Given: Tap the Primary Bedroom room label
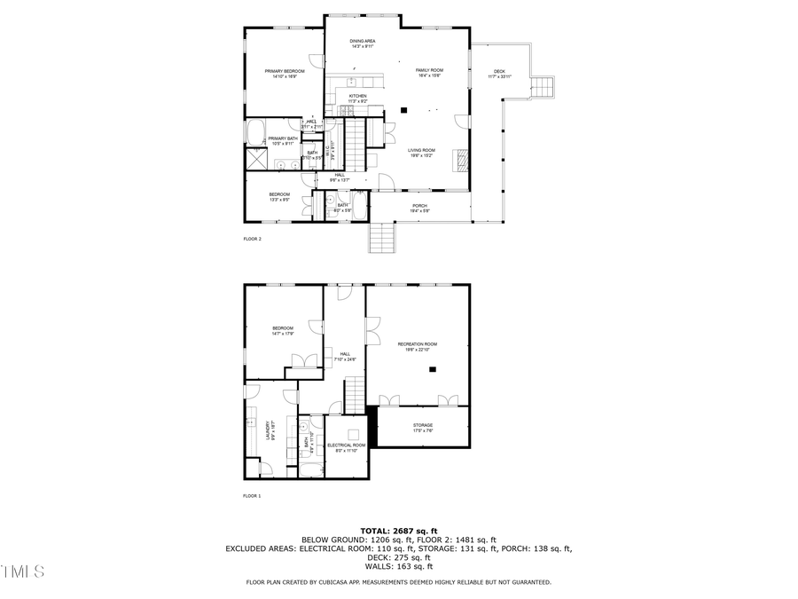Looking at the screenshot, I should point(285,71).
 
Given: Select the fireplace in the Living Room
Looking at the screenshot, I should point(459,160).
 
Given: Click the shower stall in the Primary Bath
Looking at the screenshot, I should point(257,160).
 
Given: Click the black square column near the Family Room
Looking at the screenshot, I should point(404,110).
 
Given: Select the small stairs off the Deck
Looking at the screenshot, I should point(542,87).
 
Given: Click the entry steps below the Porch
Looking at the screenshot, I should point(380,238).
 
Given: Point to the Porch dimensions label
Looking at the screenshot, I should point(419,211).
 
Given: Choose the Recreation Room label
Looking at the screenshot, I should point(418,343).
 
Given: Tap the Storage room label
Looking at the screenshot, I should point(422,426).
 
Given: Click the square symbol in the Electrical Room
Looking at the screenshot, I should point(353,434).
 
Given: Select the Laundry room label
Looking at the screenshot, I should point(267,431).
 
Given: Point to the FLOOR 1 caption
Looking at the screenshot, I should point(252,496).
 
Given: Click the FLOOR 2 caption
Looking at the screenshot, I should point(252,239).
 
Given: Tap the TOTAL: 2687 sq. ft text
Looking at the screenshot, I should point(398,530).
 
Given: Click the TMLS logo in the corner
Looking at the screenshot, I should point(22,571).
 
